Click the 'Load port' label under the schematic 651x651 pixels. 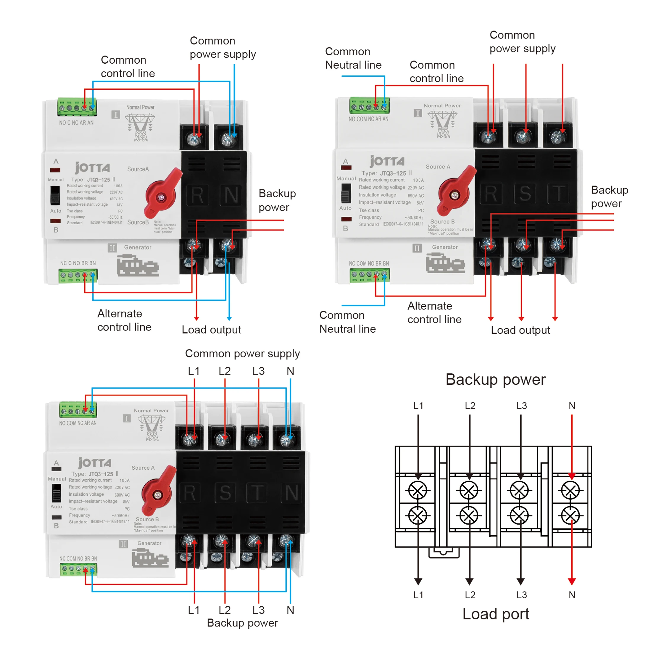point(495,614)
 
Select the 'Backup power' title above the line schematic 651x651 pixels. point(495,380)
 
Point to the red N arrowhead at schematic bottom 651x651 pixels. point(572,581)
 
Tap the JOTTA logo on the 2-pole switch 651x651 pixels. point(92,167)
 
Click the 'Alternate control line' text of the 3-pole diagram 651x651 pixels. point(434,312)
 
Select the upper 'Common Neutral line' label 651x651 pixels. point(353,58)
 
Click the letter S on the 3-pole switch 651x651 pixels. point(525,194)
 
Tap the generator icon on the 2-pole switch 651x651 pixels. point(138,265)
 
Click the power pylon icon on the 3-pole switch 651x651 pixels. point(443,124)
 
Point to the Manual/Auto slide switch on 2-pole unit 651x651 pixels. point(55,195)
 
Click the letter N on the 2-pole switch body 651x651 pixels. point(231,195)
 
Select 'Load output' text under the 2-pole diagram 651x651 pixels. point(211,330)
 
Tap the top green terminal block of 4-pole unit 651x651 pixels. point(78,410)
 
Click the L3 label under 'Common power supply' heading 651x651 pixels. point(258,371)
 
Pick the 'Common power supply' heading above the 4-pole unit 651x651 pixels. point(242,354)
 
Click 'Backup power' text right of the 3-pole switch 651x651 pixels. point(609,197)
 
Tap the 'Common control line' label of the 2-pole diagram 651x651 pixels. point(128,66)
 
